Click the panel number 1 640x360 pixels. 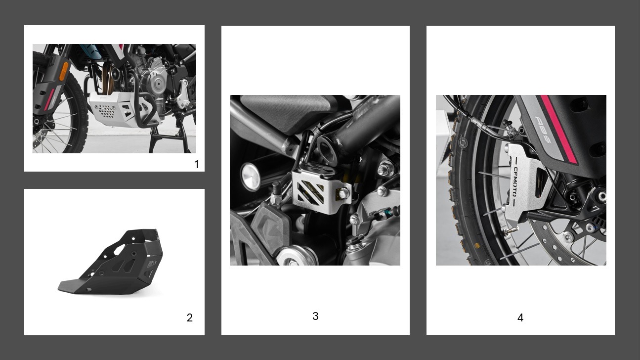pyautogui.click(x=197, y=164)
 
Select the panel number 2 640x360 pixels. pyautogui.click(x=190, y=317)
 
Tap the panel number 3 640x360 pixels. pyautogui.click(x=315, y=316)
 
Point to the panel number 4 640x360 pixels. pyautogui.click(x=520, y=317)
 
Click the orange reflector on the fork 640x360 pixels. pyautogui.click(x=64, y=71)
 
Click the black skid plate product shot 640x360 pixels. pyautogui.click(x=111, y=262)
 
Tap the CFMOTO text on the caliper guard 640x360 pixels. pyautogui.click(x=515, y=181)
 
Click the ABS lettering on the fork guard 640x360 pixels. pyautogui.click(x=543, y=129)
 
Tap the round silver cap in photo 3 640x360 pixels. pyautogui.click(x=251, y=177)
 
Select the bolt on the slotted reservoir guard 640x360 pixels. pyautogui.click(x=343, y=193)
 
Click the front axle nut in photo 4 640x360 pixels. pyautogui.click(x=601, y=196)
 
